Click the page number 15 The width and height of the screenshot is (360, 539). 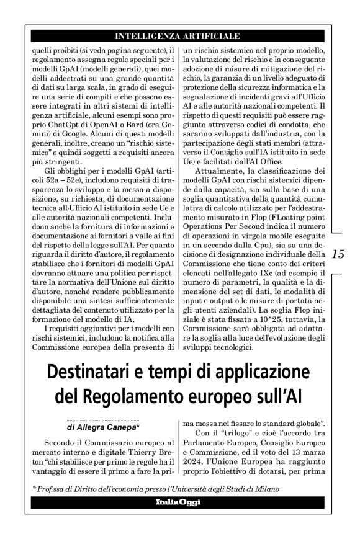[338, 254]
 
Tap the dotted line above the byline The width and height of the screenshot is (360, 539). [102, 420]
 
